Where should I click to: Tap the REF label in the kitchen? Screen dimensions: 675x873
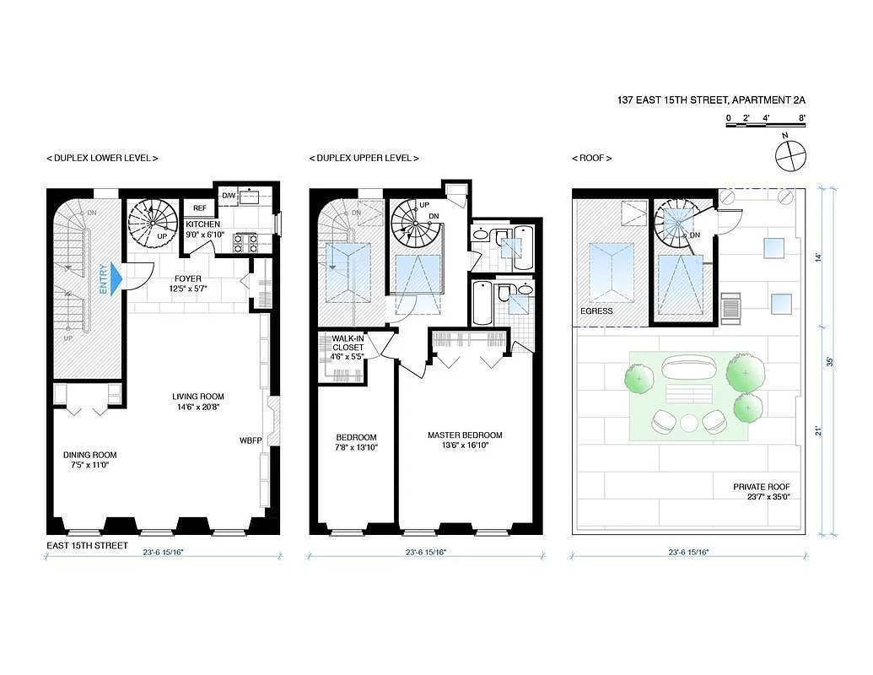point(200,208)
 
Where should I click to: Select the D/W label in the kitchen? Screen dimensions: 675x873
point(228,196)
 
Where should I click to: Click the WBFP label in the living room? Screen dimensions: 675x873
point(251,440)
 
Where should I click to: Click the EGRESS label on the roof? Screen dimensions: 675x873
point(596,310)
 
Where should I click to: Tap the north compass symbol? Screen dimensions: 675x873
point(790,155)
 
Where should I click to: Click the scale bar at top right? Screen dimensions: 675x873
point(766,125)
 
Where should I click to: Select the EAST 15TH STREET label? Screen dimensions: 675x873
point(88,546)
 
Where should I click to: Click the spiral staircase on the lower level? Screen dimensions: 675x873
point(153,221)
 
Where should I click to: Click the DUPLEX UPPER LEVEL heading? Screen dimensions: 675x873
point(364,158)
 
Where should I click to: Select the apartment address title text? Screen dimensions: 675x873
point(711,100)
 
